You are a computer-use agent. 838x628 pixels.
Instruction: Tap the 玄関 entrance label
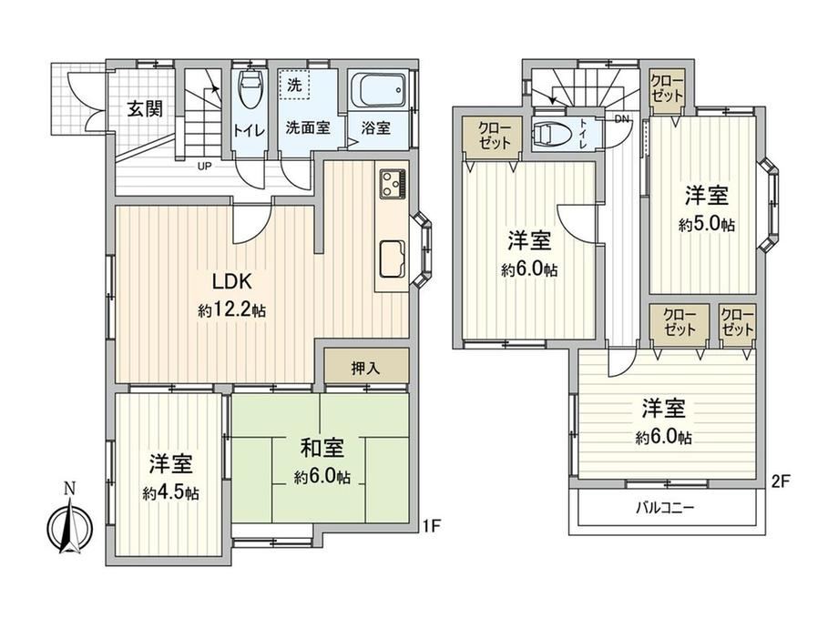(x=145, y=108)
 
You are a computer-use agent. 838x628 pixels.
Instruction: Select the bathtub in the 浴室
(x=380, y=90)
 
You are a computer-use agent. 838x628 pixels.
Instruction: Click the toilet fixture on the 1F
(x=250, y=90)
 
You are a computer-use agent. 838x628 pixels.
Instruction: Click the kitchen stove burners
(x=393, y=184)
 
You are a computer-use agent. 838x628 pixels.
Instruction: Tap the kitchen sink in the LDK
(x=392, y=259)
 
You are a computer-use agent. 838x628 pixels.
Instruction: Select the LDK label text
(x=232, y=281)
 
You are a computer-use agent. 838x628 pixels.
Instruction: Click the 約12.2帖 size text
(x=232, y=309)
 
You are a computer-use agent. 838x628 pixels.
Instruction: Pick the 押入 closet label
(x=366, y=368)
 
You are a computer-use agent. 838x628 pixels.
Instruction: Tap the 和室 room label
(x=322, y=449)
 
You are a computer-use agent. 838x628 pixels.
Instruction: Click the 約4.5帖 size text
(x=170, y=493)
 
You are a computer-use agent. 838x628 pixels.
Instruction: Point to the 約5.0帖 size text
(x=707, y=225)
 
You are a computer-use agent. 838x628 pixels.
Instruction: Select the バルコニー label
(x=665, y=507)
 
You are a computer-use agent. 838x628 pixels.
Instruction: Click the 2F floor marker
(x=781, y=481)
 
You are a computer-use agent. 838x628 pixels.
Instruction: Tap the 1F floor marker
(x=431, y=527)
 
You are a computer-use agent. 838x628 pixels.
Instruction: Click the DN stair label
(x=621, y=119)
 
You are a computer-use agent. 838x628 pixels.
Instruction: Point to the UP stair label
(x=205, y=166)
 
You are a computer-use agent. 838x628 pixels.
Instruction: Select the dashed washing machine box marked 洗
(x=294, y=85)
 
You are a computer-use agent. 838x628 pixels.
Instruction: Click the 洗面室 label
(x=307, y=127)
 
